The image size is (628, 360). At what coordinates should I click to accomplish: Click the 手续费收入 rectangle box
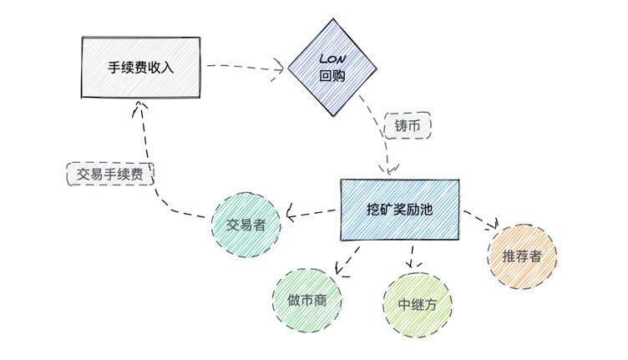141,67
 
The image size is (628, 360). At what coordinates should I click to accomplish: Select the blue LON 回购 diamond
332,68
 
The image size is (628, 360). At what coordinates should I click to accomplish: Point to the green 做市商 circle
307,301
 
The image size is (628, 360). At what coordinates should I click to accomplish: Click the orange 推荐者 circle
522,256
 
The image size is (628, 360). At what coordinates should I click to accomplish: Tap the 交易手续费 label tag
111,174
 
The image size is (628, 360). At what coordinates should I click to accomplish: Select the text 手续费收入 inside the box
141,67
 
